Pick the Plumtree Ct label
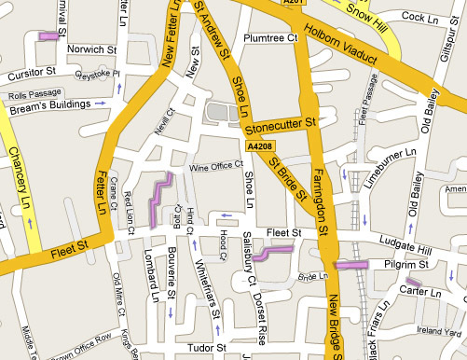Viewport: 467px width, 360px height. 268,38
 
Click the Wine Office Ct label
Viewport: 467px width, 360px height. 215,167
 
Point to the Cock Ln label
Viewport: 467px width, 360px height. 419,17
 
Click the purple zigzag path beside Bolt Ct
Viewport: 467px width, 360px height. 159,198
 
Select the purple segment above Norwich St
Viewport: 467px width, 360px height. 48,37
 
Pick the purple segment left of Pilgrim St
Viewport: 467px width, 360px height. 350,266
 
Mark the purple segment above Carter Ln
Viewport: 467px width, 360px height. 414,283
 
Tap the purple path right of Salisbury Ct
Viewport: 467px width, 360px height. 274,251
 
